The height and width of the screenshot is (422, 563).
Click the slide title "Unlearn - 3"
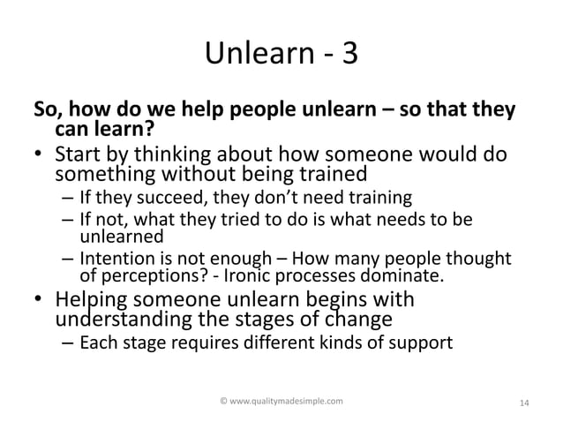tap(281, 56)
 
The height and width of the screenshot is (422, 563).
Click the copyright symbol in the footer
tap(222, 402)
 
